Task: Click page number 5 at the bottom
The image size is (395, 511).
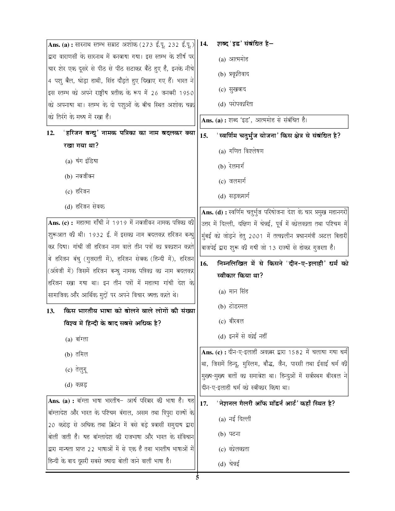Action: (197, 477)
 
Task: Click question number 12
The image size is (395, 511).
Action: (50, 133)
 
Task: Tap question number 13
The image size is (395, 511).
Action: (50, 311)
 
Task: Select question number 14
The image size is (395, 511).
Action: (204, 44)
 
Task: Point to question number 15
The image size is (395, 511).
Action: (204, 136)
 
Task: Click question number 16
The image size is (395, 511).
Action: (204, 264)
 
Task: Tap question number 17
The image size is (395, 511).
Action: (204, 404)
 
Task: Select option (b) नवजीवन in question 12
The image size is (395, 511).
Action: (80, 177)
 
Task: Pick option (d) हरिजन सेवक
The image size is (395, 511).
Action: (85, 207)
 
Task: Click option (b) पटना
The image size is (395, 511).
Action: (229, 434)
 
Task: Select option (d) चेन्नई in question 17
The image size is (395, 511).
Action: (229, 464)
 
